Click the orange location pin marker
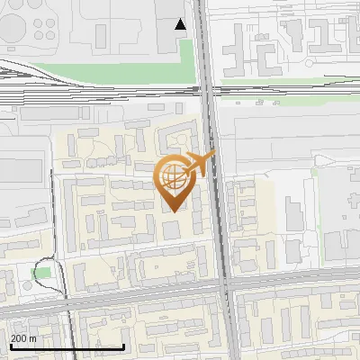[x=177, y=180]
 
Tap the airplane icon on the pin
[x=200, y=163]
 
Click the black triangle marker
[x=181, y=24]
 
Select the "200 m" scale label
[x=23, y=338]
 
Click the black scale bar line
[x=67, y=346]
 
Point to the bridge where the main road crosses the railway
[x=207, y=89]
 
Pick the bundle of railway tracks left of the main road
[x=90, y=85]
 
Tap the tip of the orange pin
[x=176, y=211]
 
